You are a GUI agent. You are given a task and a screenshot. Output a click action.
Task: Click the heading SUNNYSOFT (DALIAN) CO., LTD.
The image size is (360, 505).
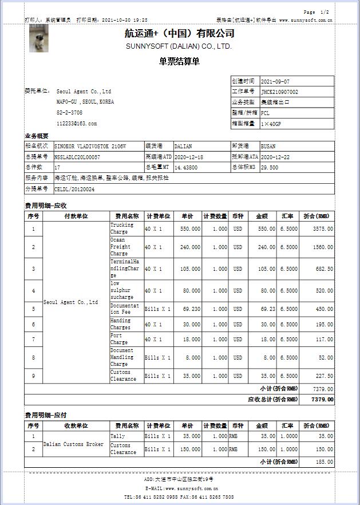click(179, 46)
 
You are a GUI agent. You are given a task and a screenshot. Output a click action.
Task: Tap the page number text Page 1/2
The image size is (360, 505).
click(316, 12)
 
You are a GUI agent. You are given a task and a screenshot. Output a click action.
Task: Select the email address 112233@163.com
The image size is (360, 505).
click(77, 123)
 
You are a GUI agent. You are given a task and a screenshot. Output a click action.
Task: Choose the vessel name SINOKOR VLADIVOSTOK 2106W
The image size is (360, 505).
click(89, 146)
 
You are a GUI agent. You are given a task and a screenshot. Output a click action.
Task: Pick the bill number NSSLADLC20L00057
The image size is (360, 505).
click(77, 156)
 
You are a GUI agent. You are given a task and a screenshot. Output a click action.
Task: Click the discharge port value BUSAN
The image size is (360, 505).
click(268, 146)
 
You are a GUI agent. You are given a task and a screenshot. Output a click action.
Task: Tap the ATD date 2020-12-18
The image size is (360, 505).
click(188, 156)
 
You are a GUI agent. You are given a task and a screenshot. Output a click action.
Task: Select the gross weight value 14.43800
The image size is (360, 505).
click(186, 167)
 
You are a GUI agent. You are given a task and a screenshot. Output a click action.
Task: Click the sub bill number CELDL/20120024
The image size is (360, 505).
click(74, 189)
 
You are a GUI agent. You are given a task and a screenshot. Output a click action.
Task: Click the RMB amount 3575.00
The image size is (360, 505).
click(323, 229)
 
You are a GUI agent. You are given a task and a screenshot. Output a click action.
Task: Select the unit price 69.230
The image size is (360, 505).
click(191, 309)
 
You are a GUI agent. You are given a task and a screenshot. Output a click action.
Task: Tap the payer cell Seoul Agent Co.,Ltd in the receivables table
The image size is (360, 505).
click(70, 302)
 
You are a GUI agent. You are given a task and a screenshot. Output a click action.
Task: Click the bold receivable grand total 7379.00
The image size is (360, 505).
click(322, 399)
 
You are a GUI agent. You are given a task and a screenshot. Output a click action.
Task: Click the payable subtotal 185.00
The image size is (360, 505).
click(325, 461)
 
